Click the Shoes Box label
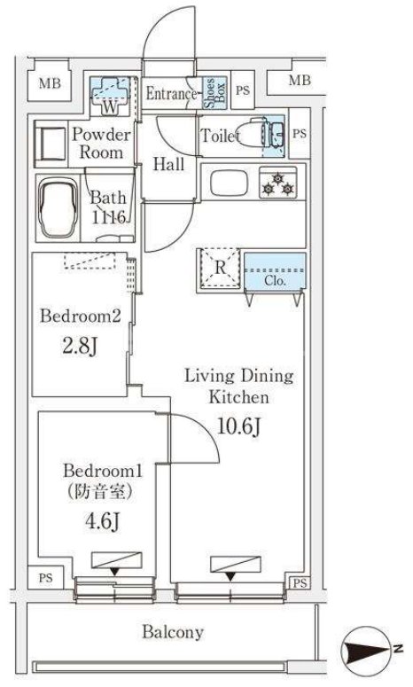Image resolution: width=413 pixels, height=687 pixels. (x=215, y=93)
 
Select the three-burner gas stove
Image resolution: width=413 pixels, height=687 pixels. (x=277, y=183)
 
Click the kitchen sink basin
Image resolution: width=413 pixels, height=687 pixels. (x=230, y=183)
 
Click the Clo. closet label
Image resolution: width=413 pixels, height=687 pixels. (x=275, y=280)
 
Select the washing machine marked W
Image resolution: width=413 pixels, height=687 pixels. (x=110, y=96)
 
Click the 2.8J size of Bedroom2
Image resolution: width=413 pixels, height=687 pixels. (x=79, y=346)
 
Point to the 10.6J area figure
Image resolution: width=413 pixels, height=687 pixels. (x=239, y=425)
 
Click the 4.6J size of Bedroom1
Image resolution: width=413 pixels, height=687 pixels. (x=103, y=521)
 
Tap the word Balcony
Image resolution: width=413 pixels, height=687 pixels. (x=173, y=632)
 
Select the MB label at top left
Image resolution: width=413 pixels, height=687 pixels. (x=50, y=83)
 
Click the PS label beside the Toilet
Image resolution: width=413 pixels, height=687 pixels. (x=300, y=134)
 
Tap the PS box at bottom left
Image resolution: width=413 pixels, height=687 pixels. (x=45, y=578)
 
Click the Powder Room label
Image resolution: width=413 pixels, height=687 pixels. (x=101, y=144)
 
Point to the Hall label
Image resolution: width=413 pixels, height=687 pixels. (x=168, y=164)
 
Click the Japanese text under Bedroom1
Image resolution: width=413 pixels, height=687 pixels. (x=100, y=492)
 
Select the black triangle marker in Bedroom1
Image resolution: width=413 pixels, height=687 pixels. (x=114, y=571)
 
